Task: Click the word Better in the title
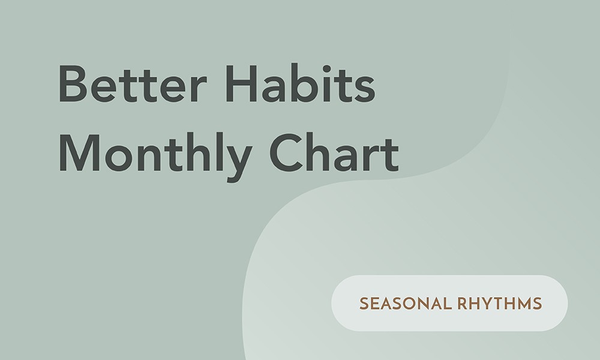click(x=133, y=84)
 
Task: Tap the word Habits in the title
click(x=301, y=83)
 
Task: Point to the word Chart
click(x=334, y=152)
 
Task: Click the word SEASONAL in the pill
click(x=406, y=304)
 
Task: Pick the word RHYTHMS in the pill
click(x=500, y=304)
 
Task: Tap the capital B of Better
click(x=73, y=84)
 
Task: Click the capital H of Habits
click(x=241, y=83)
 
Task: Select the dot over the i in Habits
click(x=326, y=69)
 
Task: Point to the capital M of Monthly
click(x=80, y=152)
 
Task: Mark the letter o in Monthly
click(x=119, y=158)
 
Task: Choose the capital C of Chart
click(x=286, y=152)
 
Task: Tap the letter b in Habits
click(x=304, y=83)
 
